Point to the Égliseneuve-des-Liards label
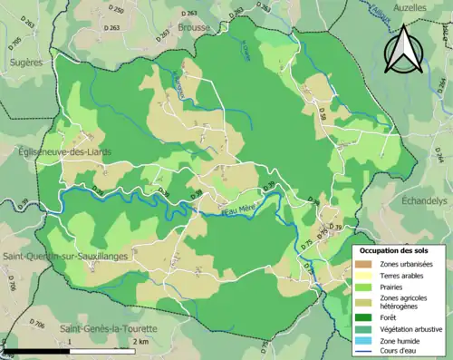pyautogui.click(x=64, y=152)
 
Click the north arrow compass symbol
pyautogui.click(x=405, y=51)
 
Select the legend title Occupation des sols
pyautogui.click(x=394, y=249)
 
